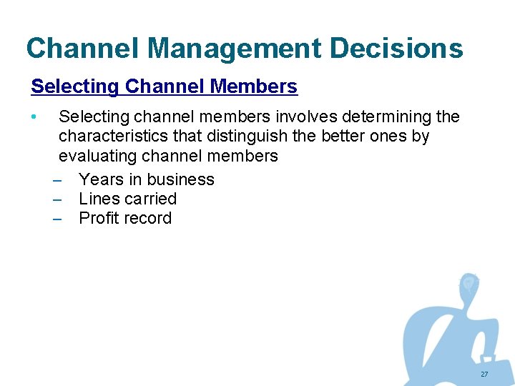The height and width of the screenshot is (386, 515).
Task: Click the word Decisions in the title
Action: tap(396, 49)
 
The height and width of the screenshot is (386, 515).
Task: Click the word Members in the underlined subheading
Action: tap(254, 87)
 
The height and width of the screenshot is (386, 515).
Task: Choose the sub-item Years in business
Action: tap(147, 179)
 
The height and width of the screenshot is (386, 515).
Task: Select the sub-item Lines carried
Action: tap(127, 199)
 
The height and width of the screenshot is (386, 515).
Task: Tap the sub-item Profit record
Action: tap(125, 218)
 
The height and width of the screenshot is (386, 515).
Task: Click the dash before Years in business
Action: tap(58, 179)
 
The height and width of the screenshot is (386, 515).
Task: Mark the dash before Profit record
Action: tap(58, 218)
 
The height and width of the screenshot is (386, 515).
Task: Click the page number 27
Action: tap(484, 375)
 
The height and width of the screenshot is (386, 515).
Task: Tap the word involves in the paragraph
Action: tap(304, 117)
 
